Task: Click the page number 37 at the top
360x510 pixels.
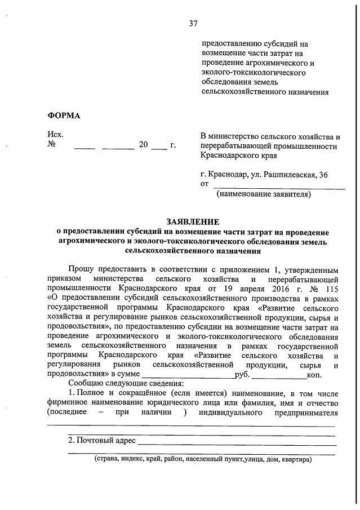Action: pos(193,23)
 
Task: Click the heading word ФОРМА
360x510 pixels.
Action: pos(64,116)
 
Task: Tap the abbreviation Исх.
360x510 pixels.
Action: pos(55,135)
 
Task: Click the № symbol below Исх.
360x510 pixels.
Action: pos(52,145)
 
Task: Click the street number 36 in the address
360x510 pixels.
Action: pos(323,174)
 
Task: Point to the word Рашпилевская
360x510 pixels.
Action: pos(285,174)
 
